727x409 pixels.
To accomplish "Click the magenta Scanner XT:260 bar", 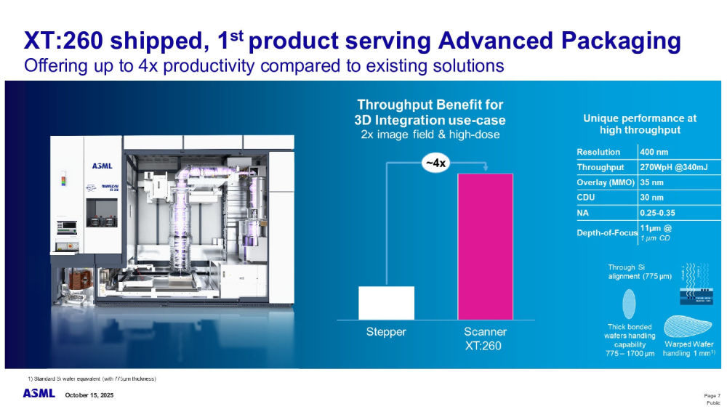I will (x=485, y=246).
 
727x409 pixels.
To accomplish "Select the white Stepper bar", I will (x=386, y=303).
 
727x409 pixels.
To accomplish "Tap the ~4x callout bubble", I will (x=435, y=163).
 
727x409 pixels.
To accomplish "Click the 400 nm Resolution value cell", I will (x=653, y=152).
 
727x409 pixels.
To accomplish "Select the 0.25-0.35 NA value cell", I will (x=659, y=213).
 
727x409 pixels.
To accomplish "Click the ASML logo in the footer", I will (x=38, y=393).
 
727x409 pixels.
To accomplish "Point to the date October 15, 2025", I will (x=89, y=394).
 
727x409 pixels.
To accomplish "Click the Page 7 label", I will (x=712, y=394).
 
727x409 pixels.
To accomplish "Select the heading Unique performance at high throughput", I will (x=640, y=123).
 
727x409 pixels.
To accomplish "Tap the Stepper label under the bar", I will (x=385, y=332).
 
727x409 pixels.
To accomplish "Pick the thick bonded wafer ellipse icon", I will (x=628, y=301).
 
